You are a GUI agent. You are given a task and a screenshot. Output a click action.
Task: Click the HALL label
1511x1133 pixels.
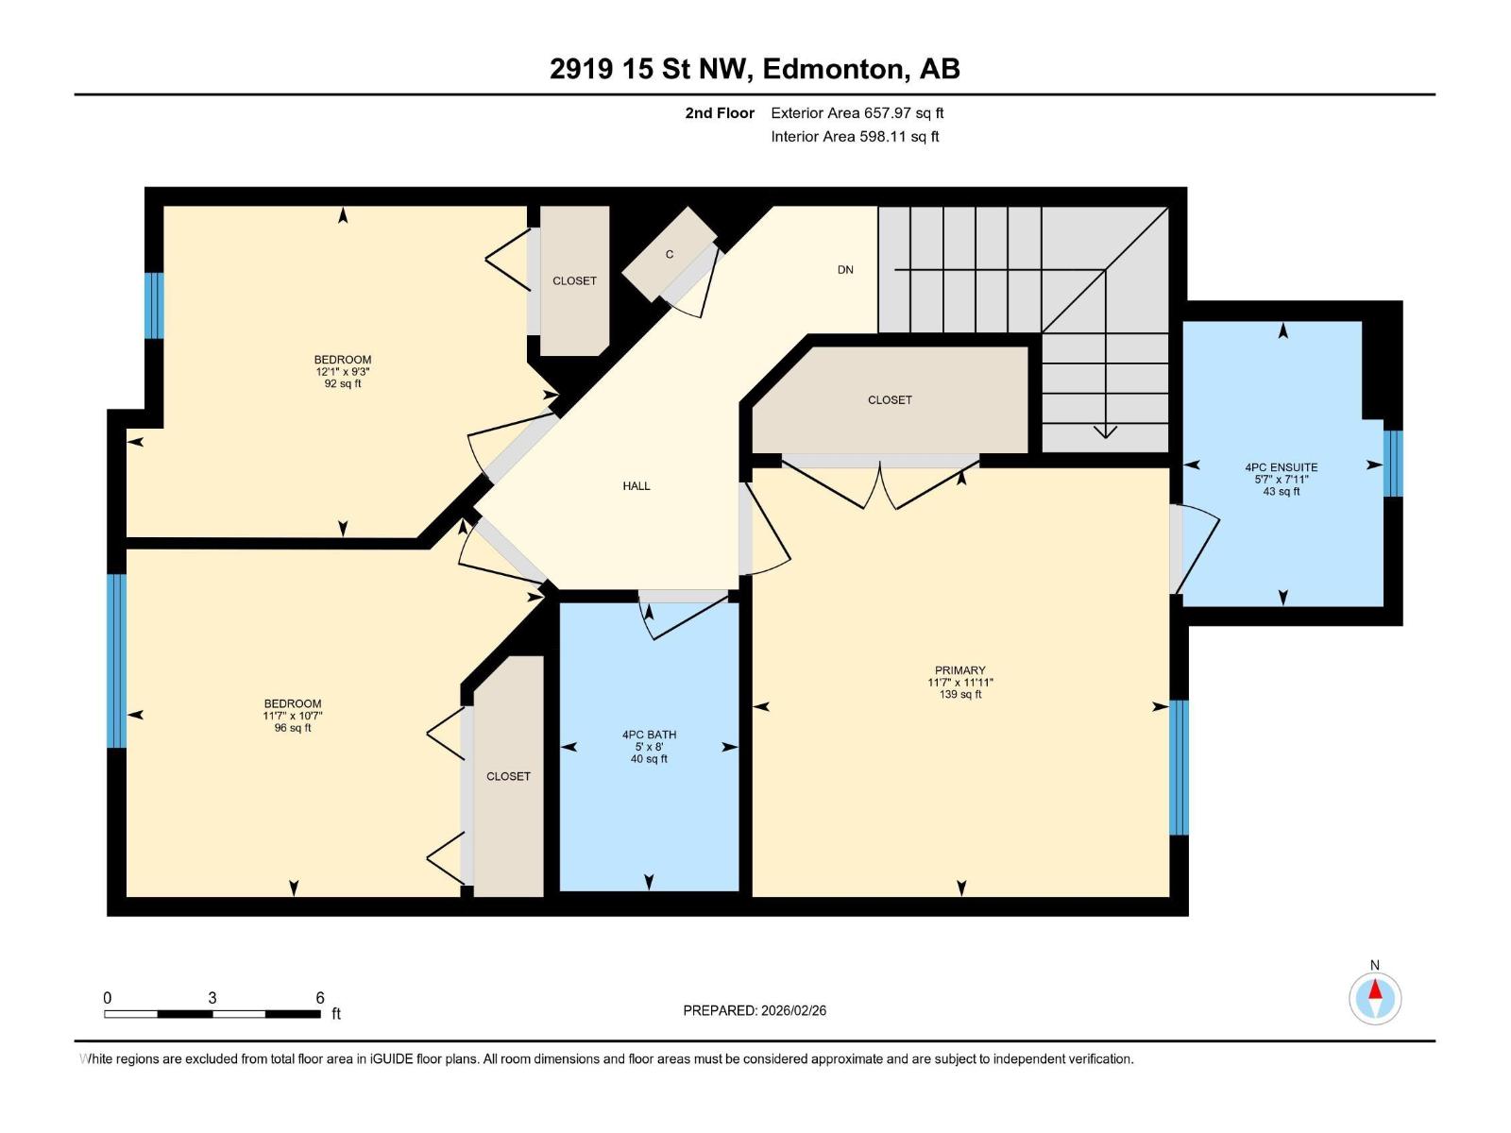click(x=637, y=485)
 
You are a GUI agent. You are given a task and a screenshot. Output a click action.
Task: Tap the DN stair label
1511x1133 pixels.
click(x=845, y=270)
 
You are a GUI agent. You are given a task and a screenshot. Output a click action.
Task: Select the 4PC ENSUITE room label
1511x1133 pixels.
click(x=1282, y=467)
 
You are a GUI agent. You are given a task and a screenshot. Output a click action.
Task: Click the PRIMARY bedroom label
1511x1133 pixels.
click(x=959, y=670)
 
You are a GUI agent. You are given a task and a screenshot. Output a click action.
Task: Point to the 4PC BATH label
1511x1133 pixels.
click(x=649, y=735)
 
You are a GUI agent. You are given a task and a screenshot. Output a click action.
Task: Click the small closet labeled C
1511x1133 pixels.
click(x=670, y=255)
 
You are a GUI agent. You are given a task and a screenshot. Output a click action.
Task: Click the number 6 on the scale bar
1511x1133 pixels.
click(x=320, y=997)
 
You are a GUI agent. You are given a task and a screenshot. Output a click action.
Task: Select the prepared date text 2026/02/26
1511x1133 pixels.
click(x=793, y=1010)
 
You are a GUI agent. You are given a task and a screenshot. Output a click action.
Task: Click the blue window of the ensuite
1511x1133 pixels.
click(x=1393, y=463)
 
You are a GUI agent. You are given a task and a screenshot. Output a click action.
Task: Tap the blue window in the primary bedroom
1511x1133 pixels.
click(x=1180, y=767)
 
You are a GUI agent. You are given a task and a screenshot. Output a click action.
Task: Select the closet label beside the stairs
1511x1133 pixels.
click(x=890, y=399)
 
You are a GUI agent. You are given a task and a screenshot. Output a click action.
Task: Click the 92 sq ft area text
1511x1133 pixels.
click(x=343, y=383)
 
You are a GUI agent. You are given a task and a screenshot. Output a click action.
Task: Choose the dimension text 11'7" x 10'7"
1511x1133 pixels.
click(x=293, y=716)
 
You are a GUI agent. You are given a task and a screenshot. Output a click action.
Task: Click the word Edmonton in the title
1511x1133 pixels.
click(x=832, y=69)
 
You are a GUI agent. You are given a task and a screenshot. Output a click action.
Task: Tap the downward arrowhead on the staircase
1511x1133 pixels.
click(x=1105, y=432)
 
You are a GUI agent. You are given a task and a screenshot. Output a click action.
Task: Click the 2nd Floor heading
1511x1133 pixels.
click(x=720, y=112)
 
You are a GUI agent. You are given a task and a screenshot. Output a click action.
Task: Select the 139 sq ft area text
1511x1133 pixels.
click(x=959, y=694)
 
